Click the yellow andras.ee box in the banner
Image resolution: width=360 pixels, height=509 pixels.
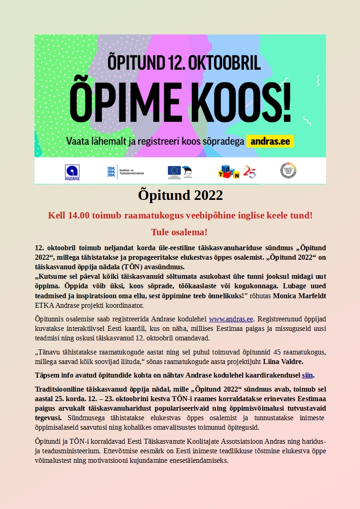point(270,141)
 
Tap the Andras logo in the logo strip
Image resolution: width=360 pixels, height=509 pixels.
point(72,171)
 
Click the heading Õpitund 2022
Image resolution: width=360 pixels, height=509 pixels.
point(180,195)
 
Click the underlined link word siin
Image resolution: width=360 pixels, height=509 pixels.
point(307,375)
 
